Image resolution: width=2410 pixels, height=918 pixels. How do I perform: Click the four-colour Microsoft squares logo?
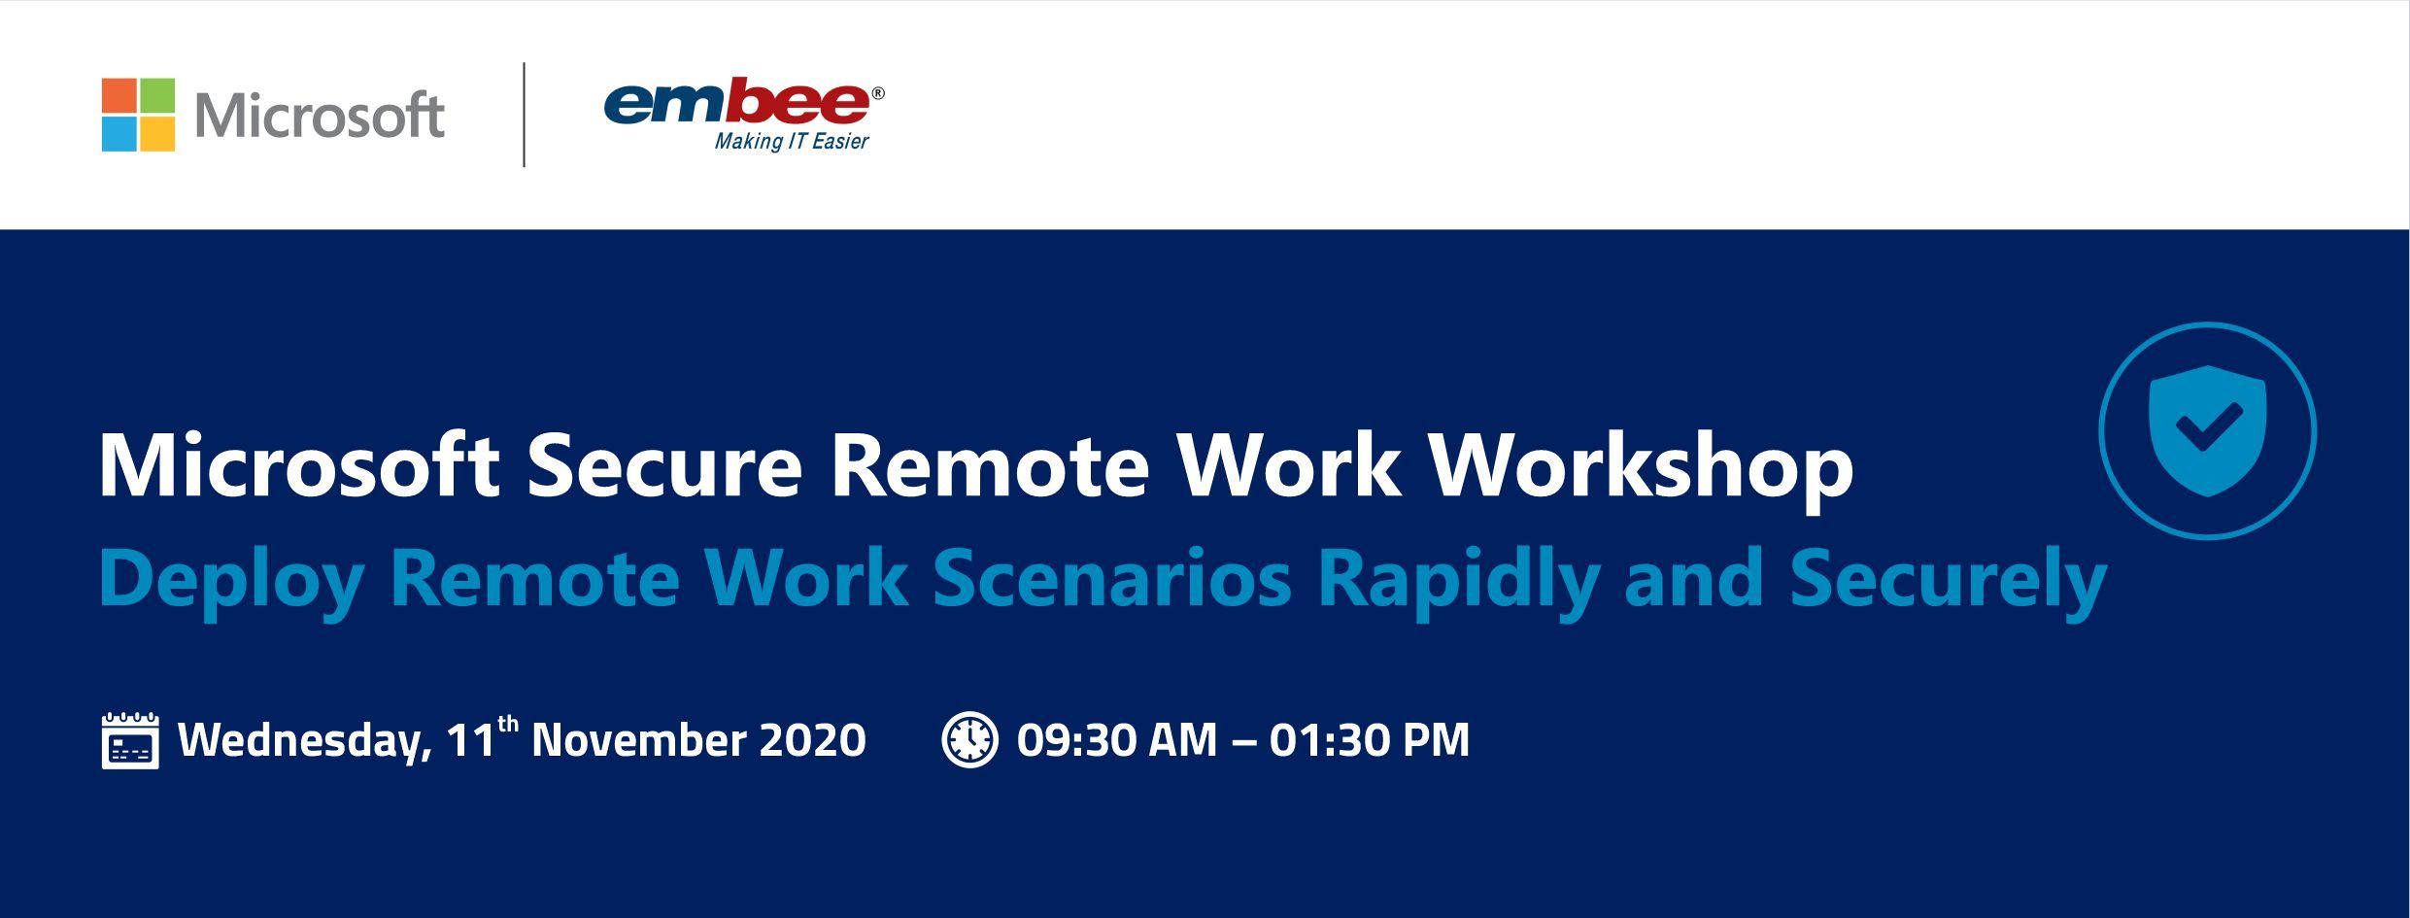138,115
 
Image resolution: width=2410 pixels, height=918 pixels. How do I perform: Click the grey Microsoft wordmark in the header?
320,116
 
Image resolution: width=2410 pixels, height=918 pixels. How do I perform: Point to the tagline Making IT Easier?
792,142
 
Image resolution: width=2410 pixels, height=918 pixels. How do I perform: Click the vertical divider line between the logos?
525,115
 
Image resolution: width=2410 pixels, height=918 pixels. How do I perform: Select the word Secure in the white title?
664,466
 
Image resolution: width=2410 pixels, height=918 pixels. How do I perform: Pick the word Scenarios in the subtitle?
1112,579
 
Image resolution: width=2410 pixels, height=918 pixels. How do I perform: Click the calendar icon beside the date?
130,740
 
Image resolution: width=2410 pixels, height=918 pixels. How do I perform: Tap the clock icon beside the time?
969,739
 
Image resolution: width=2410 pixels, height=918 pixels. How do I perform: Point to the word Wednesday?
305,742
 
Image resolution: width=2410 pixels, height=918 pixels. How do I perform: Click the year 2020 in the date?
813,740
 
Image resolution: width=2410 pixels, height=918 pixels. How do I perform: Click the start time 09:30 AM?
1117,740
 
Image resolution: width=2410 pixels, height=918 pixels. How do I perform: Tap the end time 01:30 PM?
1370,740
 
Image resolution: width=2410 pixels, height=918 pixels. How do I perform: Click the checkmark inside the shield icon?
2208,427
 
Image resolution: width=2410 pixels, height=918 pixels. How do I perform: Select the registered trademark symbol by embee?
878,93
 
